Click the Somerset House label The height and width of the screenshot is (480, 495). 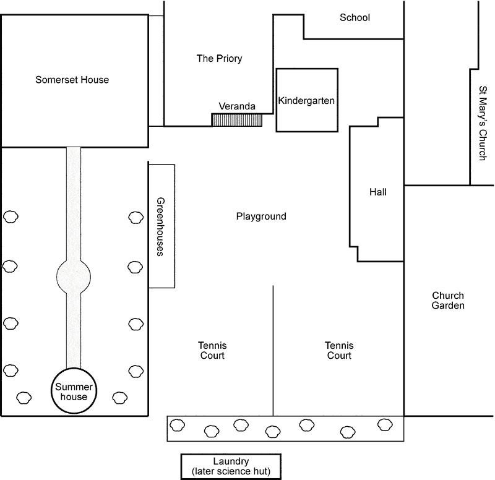point(72,80)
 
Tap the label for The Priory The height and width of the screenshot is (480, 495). point(219,59)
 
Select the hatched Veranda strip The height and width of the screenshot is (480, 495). point(237,119)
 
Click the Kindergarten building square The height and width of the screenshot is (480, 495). point(307,100)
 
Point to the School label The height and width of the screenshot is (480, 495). point(355,18)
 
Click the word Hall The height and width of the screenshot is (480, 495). point(377,192)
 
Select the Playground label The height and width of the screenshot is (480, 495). point(261,216)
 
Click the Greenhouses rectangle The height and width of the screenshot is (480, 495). point(161,226)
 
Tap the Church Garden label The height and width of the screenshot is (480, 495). point(448,301)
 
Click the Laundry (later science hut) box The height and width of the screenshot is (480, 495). point(230,466)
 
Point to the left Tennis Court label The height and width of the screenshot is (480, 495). point(212,351)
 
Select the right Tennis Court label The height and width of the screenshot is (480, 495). point(338,351)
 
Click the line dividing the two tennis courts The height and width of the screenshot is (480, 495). point(273,349)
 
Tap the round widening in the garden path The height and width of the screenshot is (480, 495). point(74,276)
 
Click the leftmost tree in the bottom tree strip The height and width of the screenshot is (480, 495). point(178,425)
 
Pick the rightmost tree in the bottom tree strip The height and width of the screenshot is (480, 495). point(385,424)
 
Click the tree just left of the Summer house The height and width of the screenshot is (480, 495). point(24,396)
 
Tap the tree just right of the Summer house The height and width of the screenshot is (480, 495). point(119,396)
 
